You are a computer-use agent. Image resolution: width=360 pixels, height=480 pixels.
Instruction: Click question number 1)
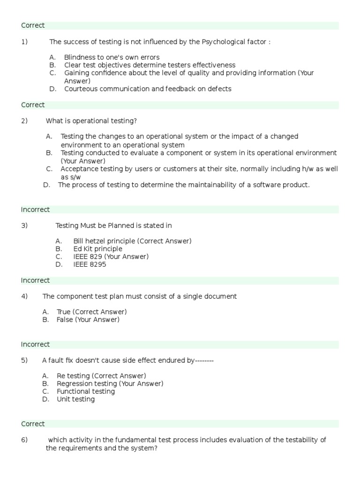pos(24,42)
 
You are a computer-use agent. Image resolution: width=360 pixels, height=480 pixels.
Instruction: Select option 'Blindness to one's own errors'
pos(112,58)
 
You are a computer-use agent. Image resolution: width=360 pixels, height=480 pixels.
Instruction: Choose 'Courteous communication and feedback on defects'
pos(148,89)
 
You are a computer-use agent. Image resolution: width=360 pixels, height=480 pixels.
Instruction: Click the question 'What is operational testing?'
pos(91,121)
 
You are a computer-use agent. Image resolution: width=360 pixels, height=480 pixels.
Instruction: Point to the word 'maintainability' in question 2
pos(212,185)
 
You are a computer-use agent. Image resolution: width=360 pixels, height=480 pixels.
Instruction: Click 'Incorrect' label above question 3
pos(35,210)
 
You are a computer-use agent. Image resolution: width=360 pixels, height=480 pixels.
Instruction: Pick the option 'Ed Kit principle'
pos(97,249)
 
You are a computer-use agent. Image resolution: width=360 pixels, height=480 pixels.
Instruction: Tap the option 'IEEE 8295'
pos(90,264)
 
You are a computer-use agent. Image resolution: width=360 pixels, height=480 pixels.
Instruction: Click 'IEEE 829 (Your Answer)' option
pos(111,257)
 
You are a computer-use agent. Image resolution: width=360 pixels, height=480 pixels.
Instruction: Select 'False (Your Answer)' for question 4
pos(88,320)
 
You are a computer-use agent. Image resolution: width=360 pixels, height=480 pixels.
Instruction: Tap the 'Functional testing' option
pos(86,391)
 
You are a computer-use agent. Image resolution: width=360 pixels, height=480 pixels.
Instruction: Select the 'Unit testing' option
pos(75,399)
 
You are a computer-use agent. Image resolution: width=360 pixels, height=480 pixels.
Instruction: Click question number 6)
pos(24,440)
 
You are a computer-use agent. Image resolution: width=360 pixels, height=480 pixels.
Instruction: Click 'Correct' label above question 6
pos(33,424)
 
